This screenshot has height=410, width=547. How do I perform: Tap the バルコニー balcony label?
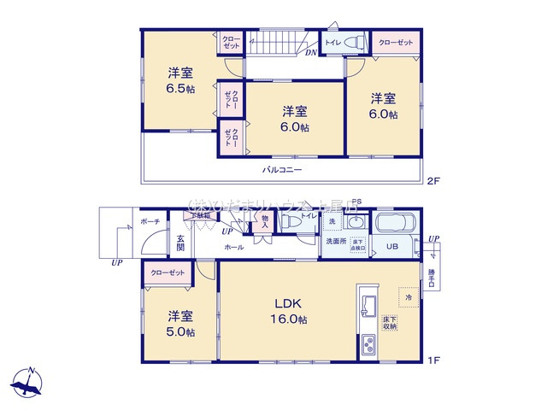(283, 169)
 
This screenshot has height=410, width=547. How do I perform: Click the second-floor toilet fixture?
(356, 41)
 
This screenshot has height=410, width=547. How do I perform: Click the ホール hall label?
(233, 248)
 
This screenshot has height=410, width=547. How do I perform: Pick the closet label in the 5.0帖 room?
(168, 273)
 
